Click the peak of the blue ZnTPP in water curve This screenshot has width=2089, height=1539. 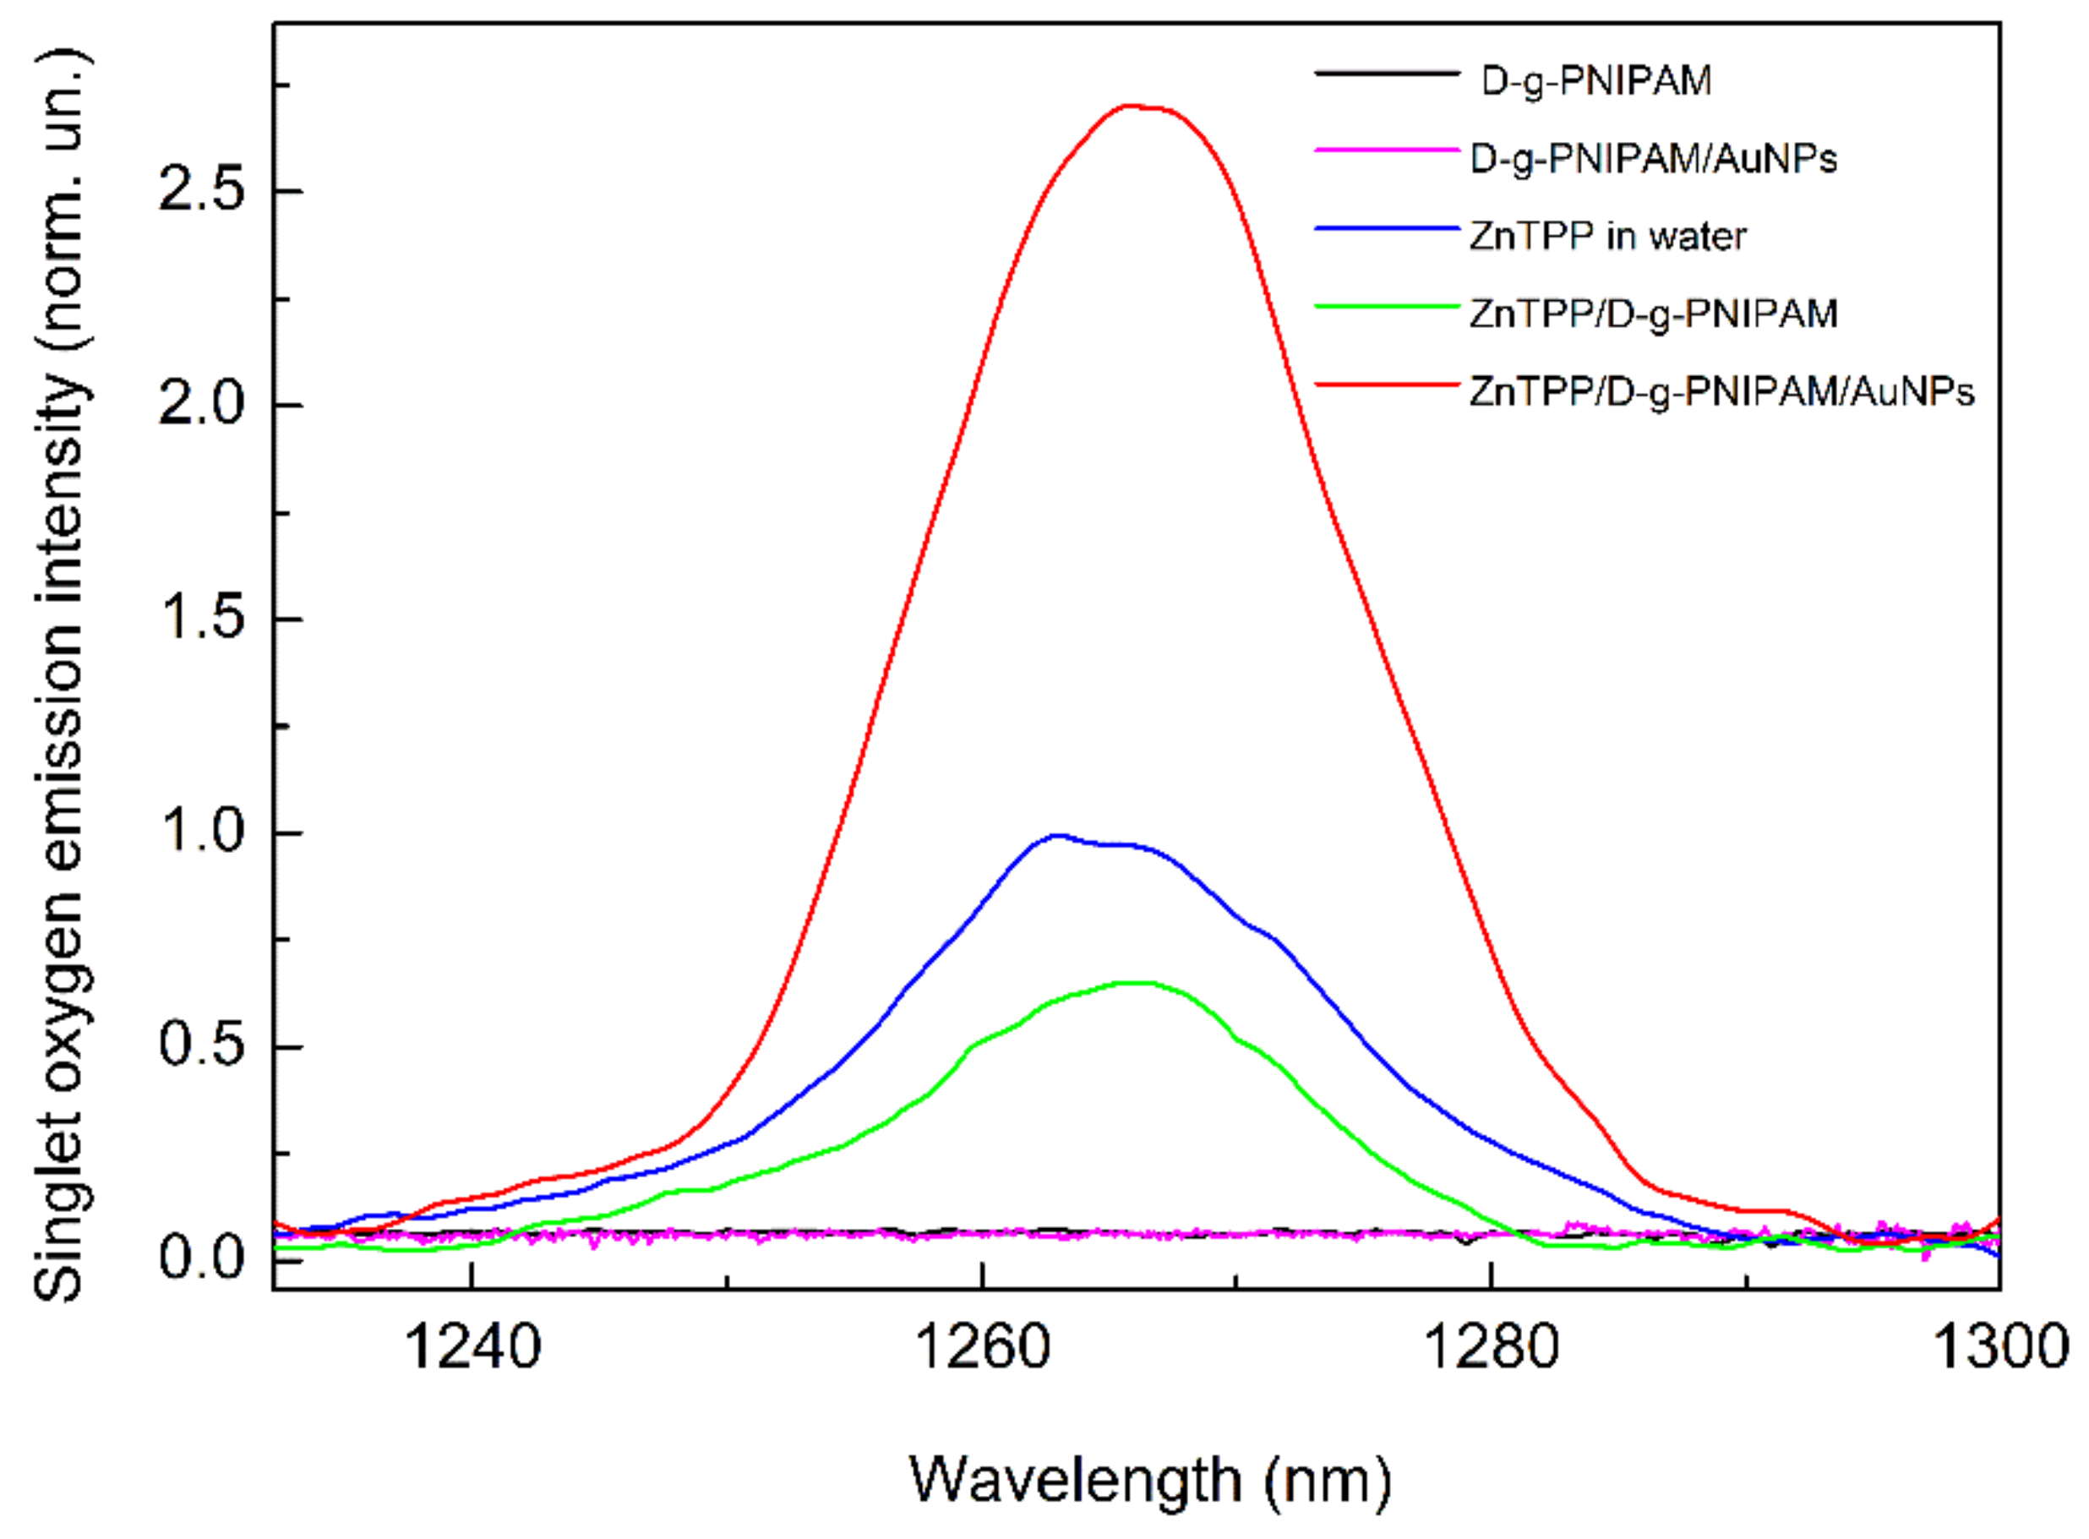pyautogui.click(x=1056, y=835)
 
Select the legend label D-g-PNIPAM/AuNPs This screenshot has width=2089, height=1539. pyautogui.click(x=1653, y=158)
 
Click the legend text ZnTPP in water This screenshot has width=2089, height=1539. pyautogui.click(x=1607, y=236)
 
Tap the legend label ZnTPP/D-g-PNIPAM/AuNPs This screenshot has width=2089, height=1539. pyautogui.click(x=1722, y=391)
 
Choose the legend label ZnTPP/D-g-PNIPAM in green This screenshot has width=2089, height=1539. pyautogui.click(x=1653, y=313)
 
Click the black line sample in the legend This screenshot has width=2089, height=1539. pyautogui.click(x=1386, y=73)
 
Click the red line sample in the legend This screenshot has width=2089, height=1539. pyautogui.click(x=1386, y=384)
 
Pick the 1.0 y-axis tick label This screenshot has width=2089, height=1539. pyautogui.click(x=200, y=832)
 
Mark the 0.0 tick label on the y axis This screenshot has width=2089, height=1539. pyautogui.click(x=200, y=1258)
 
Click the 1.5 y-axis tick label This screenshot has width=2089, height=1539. pyautogui.click(x=200, y=619)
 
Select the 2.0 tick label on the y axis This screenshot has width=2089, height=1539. pyautogui.click(x=200, y=406)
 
